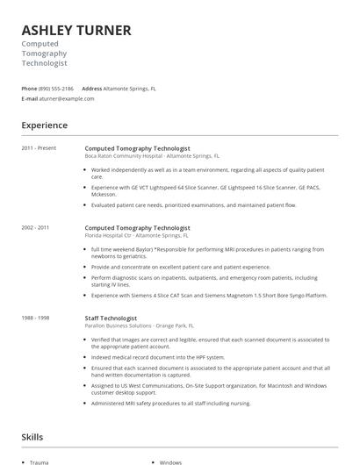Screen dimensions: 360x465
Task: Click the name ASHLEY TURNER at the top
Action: [76, 30]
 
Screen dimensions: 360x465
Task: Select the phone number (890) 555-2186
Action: [57, 89]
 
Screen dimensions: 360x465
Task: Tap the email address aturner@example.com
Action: [68, 98]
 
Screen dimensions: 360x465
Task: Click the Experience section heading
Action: [45, 125]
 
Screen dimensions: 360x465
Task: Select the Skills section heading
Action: [32, 436]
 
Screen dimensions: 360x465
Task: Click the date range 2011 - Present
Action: [40, 148]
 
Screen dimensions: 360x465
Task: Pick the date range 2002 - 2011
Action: [37, 227]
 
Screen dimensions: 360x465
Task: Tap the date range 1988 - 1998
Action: [37, 318]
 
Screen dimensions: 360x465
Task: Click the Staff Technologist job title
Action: [111, 318]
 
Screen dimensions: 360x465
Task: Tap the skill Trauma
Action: [39, 461]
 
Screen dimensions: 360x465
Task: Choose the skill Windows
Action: [170, 461]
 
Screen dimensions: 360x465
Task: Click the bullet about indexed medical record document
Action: [158, 357]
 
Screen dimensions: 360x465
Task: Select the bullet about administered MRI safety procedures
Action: [172, 403]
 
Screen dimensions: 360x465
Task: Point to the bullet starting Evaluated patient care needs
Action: [193, 204]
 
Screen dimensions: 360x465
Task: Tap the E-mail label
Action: [30, 98]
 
